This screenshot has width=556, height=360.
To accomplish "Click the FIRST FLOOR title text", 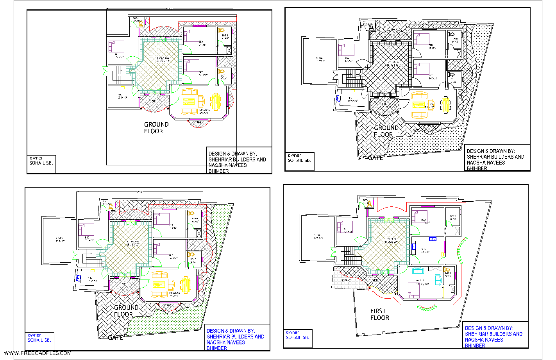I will coord(380,314).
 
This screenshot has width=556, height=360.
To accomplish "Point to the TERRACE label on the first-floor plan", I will coord(346,280).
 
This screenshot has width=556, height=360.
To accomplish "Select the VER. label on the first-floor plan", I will coord(375,280).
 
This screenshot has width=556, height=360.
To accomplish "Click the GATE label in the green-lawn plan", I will coord(115,337).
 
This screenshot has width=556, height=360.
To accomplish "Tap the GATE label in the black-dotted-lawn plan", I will coord(375,158).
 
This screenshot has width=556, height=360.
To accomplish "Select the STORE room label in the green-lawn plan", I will coord(59,239).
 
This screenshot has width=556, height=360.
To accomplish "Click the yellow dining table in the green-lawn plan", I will coord(185,285).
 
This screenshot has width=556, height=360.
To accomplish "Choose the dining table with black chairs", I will coord(445,104).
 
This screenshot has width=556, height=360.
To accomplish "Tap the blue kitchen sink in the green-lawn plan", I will coord(79,278).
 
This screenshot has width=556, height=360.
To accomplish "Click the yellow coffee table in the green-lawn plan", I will coord(159,285).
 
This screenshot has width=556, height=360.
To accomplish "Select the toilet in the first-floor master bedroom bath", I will coord(447,270).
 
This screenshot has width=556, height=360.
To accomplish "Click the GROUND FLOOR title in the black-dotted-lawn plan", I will coord(385,131).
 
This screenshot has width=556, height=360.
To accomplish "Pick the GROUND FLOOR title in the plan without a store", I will coord(156,127).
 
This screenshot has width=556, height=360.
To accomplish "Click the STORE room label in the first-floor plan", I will coord(318,236).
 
